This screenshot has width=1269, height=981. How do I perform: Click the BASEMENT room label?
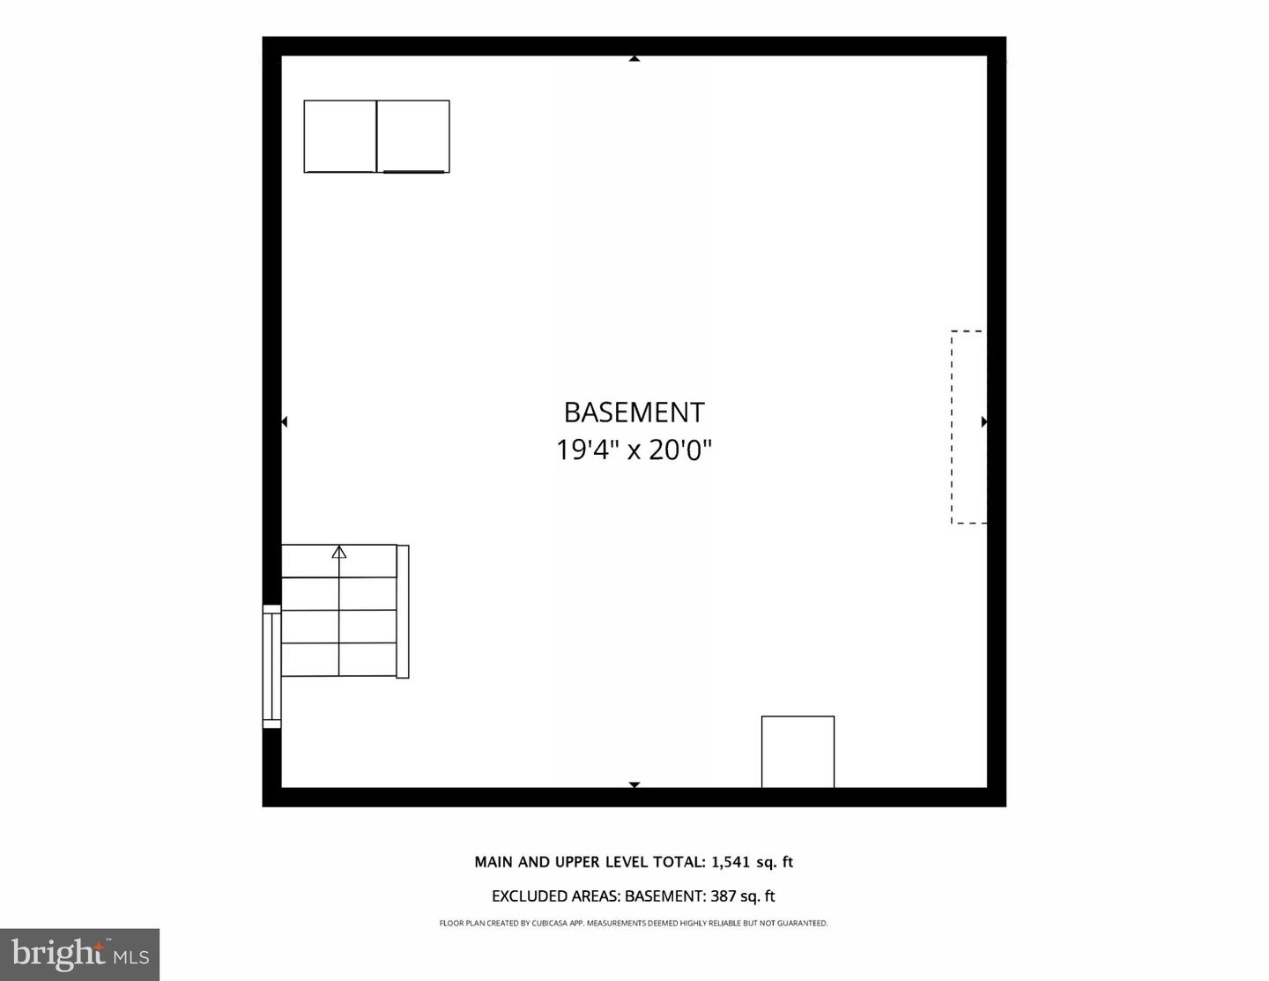coord(634,412)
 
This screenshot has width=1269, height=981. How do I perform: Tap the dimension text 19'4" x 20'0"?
coord(634,450)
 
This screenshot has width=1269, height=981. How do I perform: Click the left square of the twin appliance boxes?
coord(340,137)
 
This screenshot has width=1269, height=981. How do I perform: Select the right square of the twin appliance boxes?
coord(413,137)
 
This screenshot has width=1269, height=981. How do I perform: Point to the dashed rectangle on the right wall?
coord(968,427)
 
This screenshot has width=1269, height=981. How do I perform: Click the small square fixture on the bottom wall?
coord(798,752)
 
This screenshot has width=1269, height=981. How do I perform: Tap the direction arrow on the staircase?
coord(339,553)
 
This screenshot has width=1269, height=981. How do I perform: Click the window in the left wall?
coord(271,666)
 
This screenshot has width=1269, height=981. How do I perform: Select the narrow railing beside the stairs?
coord(403,612)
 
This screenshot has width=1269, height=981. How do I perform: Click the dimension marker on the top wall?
coord(634,59)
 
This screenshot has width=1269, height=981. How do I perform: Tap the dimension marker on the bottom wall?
coord(634,784)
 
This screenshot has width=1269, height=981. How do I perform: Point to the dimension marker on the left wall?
coord(284,422)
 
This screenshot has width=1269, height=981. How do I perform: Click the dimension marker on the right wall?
coord(983,422)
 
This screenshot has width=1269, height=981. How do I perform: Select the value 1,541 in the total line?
coord(729,862)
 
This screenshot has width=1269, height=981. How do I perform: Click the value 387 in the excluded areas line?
coord(723,896)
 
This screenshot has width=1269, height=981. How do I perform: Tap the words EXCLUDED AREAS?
coord(555,896)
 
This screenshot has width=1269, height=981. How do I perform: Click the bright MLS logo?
coord(79,955)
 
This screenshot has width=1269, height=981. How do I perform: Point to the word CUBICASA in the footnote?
coord(550,924)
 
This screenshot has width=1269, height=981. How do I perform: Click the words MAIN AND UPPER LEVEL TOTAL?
coord(589,862)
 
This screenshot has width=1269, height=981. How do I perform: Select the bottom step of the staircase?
coord(339,660)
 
